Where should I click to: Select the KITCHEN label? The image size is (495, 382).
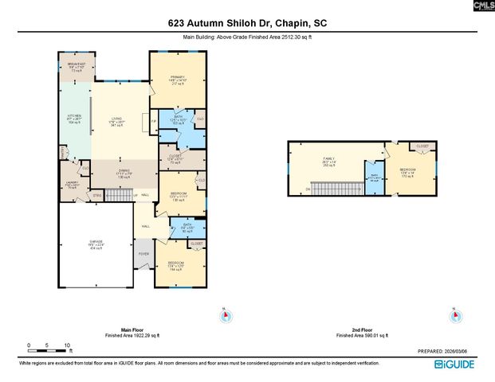pos(74,118)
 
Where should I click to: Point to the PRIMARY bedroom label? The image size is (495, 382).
pos(177,77)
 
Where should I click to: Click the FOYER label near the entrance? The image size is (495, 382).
pos(143,254)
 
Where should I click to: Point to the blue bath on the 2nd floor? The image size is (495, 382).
pos(375,177)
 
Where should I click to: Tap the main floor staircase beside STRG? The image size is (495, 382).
pos(117,194)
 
